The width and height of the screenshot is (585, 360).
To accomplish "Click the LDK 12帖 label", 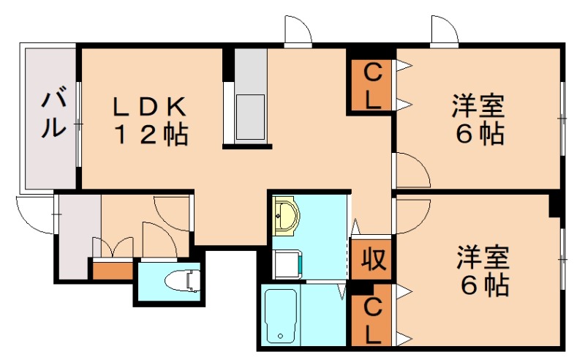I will [x=150, y=121].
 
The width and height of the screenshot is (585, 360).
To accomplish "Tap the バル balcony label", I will [x=52, y=114].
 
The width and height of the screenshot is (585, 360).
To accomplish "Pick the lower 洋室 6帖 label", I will [x=483, y=271].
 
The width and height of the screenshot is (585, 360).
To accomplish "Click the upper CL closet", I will [x=372, y=86].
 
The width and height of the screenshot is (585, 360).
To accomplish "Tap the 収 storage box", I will [x=371, y=260].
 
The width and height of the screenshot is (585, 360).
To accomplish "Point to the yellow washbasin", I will [x=285, y=217].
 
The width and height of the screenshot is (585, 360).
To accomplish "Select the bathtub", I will [x=279, y=315].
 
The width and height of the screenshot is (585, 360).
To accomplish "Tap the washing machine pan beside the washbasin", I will [x=286, y=263].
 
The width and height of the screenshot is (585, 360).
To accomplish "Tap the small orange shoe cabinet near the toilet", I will [x=112, y=270].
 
